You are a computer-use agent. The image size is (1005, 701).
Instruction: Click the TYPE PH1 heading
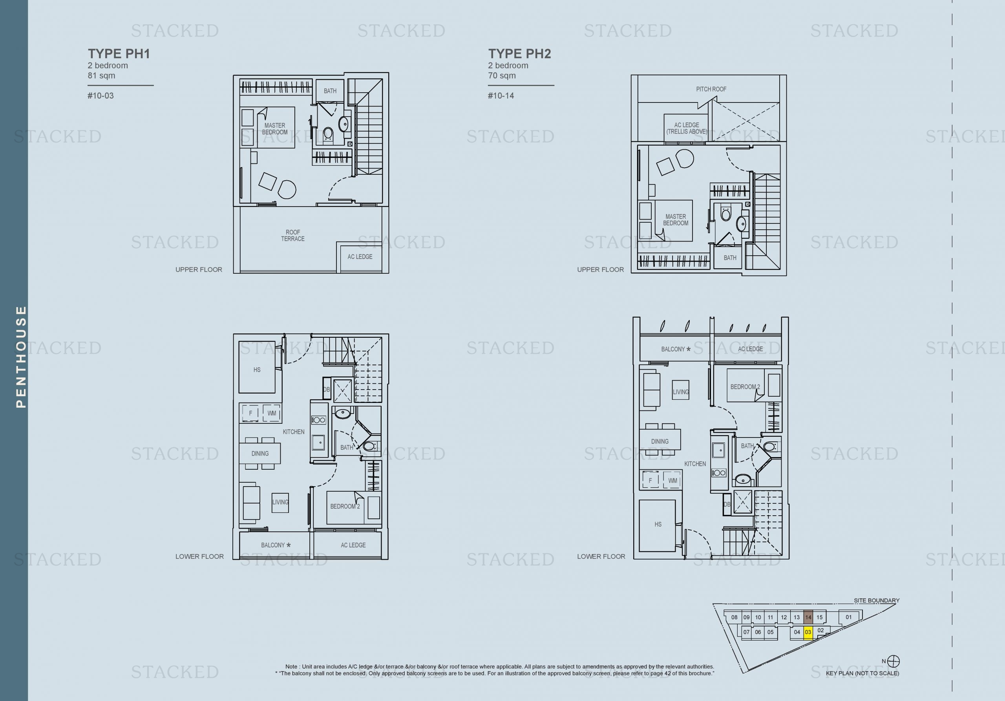pos(119,54)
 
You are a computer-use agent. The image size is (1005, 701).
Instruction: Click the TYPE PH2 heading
pos(519,54)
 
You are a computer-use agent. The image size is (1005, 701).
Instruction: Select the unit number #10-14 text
pos(501,96)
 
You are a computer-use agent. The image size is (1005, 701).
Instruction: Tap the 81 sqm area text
pos(101,76)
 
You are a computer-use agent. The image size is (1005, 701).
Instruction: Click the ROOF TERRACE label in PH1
pos(292,236)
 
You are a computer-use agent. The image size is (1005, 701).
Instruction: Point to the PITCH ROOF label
pos(711,89)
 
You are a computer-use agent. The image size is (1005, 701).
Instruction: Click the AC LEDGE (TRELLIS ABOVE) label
pos(686,128)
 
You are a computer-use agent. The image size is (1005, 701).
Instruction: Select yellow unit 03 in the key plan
pos(808,632)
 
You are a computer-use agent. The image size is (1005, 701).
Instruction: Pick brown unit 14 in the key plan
pos(808,617)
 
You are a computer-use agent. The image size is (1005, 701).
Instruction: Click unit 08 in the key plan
pos(734,617)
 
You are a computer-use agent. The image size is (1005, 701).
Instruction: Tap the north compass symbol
pos(894,661)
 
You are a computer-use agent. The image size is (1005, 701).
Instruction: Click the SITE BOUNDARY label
pos(876,600)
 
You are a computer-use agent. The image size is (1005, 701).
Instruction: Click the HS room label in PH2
pos(658,525)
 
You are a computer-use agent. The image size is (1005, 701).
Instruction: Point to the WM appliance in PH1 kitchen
pos(271,413)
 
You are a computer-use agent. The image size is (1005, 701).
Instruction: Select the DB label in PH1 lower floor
pos(326,390)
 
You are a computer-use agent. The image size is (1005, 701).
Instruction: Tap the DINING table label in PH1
pos(260,454)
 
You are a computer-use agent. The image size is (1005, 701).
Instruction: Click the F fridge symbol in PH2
pos(650,480)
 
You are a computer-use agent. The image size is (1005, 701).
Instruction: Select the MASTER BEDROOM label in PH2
pos(675,220)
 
